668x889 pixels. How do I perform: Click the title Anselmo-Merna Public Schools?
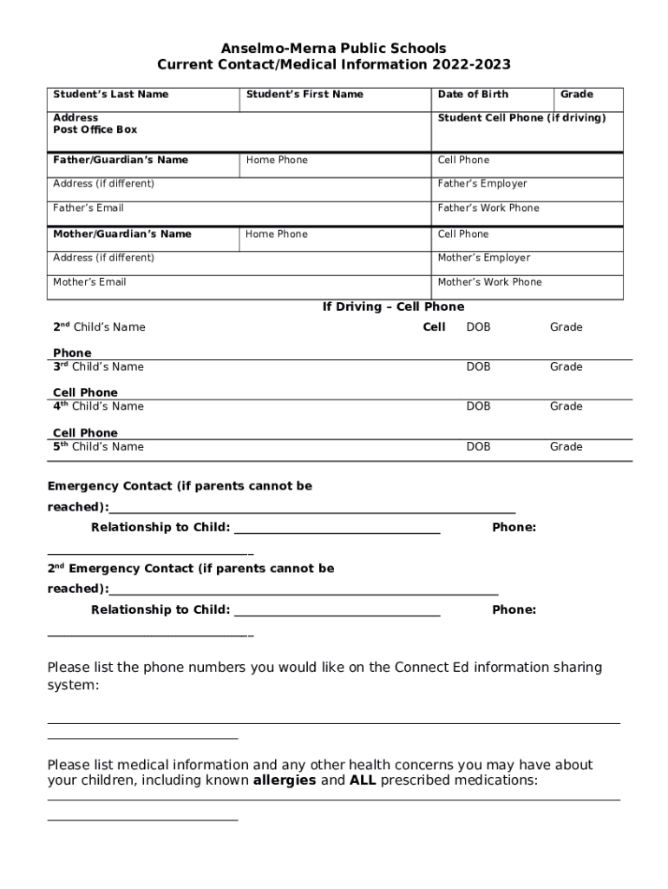333,49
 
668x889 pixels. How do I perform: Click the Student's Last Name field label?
110,94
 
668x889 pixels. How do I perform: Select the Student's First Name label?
305,94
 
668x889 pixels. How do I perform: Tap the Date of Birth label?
473,94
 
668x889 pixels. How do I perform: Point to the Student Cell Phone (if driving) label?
521,118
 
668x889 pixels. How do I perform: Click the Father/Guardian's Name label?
121,160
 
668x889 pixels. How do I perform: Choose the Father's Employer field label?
481,184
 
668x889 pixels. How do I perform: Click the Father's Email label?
88,208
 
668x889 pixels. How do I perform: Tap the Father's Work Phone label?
488,208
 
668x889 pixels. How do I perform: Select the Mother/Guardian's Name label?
122,234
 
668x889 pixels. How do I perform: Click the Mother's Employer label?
483,258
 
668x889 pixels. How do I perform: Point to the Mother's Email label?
89,282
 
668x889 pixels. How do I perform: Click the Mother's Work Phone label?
489,282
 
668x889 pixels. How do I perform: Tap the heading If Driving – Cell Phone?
393,306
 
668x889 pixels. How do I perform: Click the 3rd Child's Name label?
98,367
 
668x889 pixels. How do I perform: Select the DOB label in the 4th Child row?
478,406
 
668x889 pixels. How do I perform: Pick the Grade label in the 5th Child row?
566,447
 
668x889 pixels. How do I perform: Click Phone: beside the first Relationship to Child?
514,528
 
